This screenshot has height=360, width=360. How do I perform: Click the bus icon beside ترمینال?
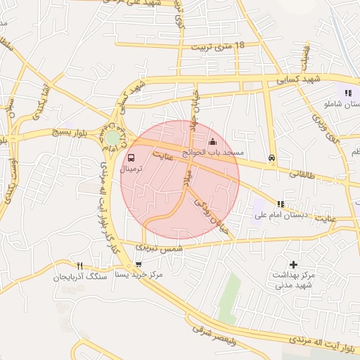pyautogui.click(x=132, y=158)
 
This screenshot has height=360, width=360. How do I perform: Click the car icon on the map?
pyautogui.click(x=271, y=158)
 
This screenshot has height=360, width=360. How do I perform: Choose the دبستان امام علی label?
pyautogui.click(x=311, y=204)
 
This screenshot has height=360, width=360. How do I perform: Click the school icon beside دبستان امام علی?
pyautogui.click(x=281, y=203)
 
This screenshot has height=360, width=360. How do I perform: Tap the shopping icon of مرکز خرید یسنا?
pyautogui.click(x=138, y=264)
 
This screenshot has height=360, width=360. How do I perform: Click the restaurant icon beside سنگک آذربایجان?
pyautogui.click(x=79, y=266)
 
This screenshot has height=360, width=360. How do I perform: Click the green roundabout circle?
pyautogui.click(x=112, y=138)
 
